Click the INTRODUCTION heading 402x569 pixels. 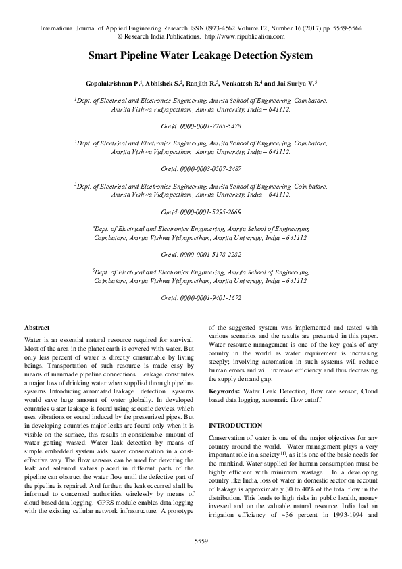pos(235,426)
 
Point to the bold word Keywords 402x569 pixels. pos(224,391)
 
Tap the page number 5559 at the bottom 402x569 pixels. pos(201,542)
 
